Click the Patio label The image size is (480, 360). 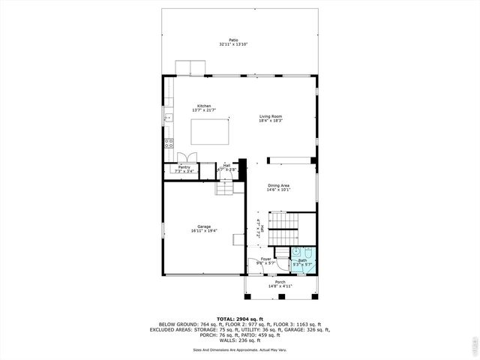pyautogui.click(x=234, y=40)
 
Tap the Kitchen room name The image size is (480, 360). pyautogui.click(x=204, y=106)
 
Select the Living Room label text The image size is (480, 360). pyautogui.click(x=271, y=116)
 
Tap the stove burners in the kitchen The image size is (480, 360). pyautogui.click(x=169, y=142)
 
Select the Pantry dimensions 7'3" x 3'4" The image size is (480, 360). pyautogui.click(x=184, y=172)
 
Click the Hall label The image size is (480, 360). pyautogui.click(x=226, y=165)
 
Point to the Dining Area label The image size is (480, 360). pyautogui.click(x=279, y=185)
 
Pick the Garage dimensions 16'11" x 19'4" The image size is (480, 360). pyautogui.click(x=204, y=231)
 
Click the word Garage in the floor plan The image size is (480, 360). pyautogui.click(x=204, y=226)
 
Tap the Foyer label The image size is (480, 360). pyautogui.click(x=266, y=259)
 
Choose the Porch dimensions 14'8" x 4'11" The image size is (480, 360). pyautogui.click(x=279, y=286)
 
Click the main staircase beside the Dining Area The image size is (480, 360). pyautogui.click(x=283, y=223)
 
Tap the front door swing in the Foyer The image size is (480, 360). pyautogui.click(x=281, y=264)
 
